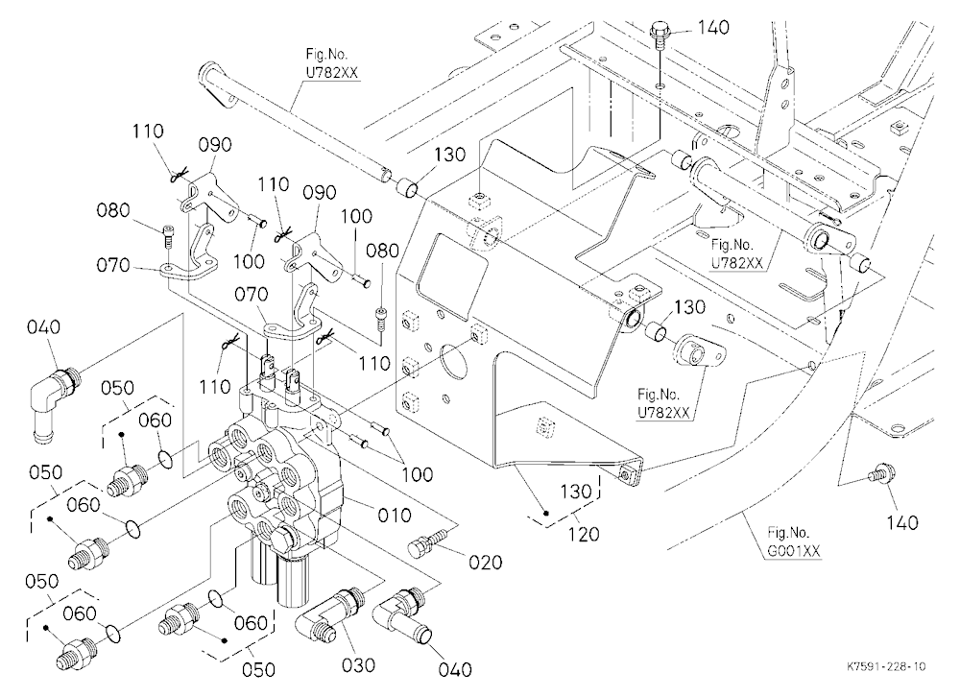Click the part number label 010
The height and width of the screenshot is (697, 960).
pyautogui.click(x=394, y=516)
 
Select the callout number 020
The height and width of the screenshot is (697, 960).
pyautogui.click(x=486, y=562)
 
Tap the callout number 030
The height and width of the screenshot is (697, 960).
pyautogui.click(x=358, y=664)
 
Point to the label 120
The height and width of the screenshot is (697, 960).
pyautogui.click(x=583, y=534)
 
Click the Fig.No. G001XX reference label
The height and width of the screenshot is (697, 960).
pyautogui.click(x=794, y=541)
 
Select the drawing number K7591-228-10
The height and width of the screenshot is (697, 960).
pyautogui.click(x=886, y=666)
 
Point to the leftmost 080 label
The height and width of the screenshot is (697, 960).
pyautogui.click(x=112, y=210)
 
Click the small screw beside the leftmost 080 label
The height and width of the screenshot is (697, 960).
pyautogui.click(x=169, y=235)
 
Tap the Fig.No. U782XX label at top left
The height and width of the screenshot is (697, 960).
pyautogui.click(x=331, y=63)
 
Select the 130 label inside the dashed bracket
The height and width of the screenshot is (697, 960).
pyautogui.click(x=575, y=492)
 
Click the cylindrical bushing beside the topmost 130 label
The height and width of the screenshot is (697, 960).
pyautogui.click(x=408, y=187)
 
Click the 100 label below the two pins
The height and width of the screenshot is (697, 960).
pyautogui.click(x=417, y=474)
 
